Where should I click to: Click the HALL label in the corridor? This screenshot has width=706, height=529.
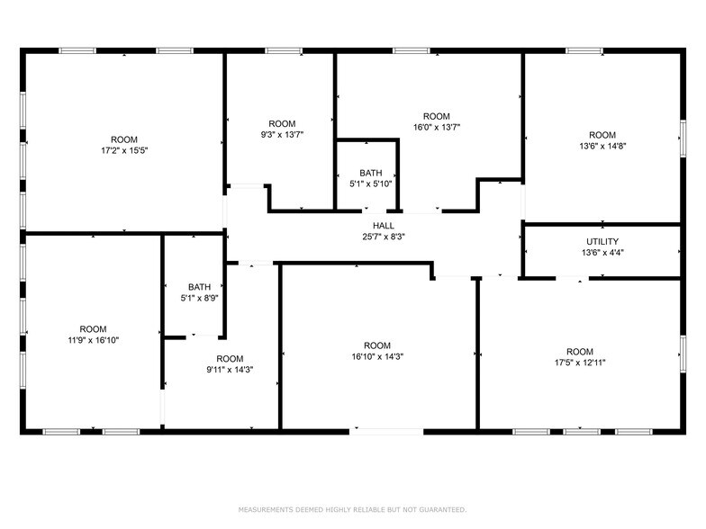384,225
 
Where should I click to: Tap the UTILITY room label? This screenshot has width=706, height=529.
602,241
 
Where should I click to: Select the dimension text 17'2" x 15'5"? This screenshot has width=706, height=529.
124,151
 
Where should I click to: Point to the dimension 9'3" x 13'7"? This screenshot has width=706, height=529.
282,136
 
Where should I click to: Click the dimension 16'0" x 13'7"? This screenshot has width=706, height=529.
437,128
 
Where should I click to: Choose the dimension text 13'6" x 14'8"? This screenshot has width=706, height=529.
602,147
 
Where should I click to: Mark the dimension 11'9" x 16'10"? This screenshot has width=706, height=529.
93,341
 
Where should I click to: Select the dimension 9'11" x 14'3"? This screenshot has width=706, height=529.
230,370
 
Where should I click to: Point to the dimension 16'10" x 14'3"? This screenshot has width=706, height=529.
377,357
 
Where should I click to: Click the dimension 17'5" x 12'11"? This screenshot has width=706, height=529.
580,363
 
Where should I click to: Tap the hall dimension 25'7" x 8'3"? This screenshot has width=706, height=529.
384,238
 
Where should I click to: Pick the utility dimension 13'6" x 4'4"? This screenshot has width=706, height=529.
602,254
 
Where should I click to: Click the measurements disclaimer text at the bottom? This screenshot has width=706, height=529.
352,509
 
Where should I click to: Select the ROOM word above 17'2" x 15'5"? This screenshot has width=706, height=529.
124,139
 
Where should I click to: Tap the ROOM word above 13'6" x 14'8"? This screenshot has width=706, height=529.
602,135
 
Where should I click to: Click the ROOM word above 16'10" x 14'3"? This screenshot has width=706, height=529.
377,345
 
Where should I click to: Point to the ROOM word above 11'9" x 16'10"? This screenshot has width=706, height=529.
93,329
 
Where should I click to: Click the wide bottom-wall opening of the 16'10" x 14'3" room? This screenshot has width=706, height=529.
386,432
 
